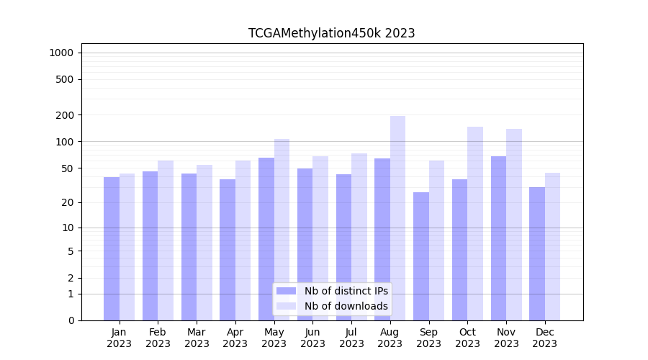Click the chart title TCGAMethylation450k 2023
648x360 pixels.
(x=331, y=33)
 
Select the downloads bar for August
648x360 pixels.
(x=398, y=216)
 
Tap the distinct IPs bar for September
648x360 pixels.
(x=421, y=256)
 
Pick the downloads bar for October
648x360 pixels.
(x=475, y=223)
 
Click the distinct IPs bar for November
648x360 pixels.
(x=498, y=238)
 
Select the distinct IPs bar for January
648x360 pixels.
(x=112, y=248)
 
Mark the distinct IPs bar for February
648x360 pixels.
(x=150, y=246)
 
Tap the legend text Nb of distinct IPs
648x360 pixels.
(x=346, y=291)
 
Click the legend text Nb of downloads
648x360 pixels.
(x=346, y=306)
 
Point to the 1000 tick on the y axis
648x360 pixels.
(x=61, y=53)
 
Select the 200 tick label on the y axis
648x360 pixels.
(x=65, y=115)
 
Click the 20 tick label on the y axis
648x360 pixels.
(x=67, y=202)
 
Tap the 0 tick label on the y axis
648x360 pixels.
(x=71, y=320)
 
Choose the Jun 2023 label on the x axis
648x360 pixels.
(x=312, y=338)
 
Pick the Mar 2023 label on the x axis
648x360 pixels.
(x=197, y=338)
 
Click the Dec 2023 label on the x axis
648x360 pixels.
(x=544, y=338)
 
